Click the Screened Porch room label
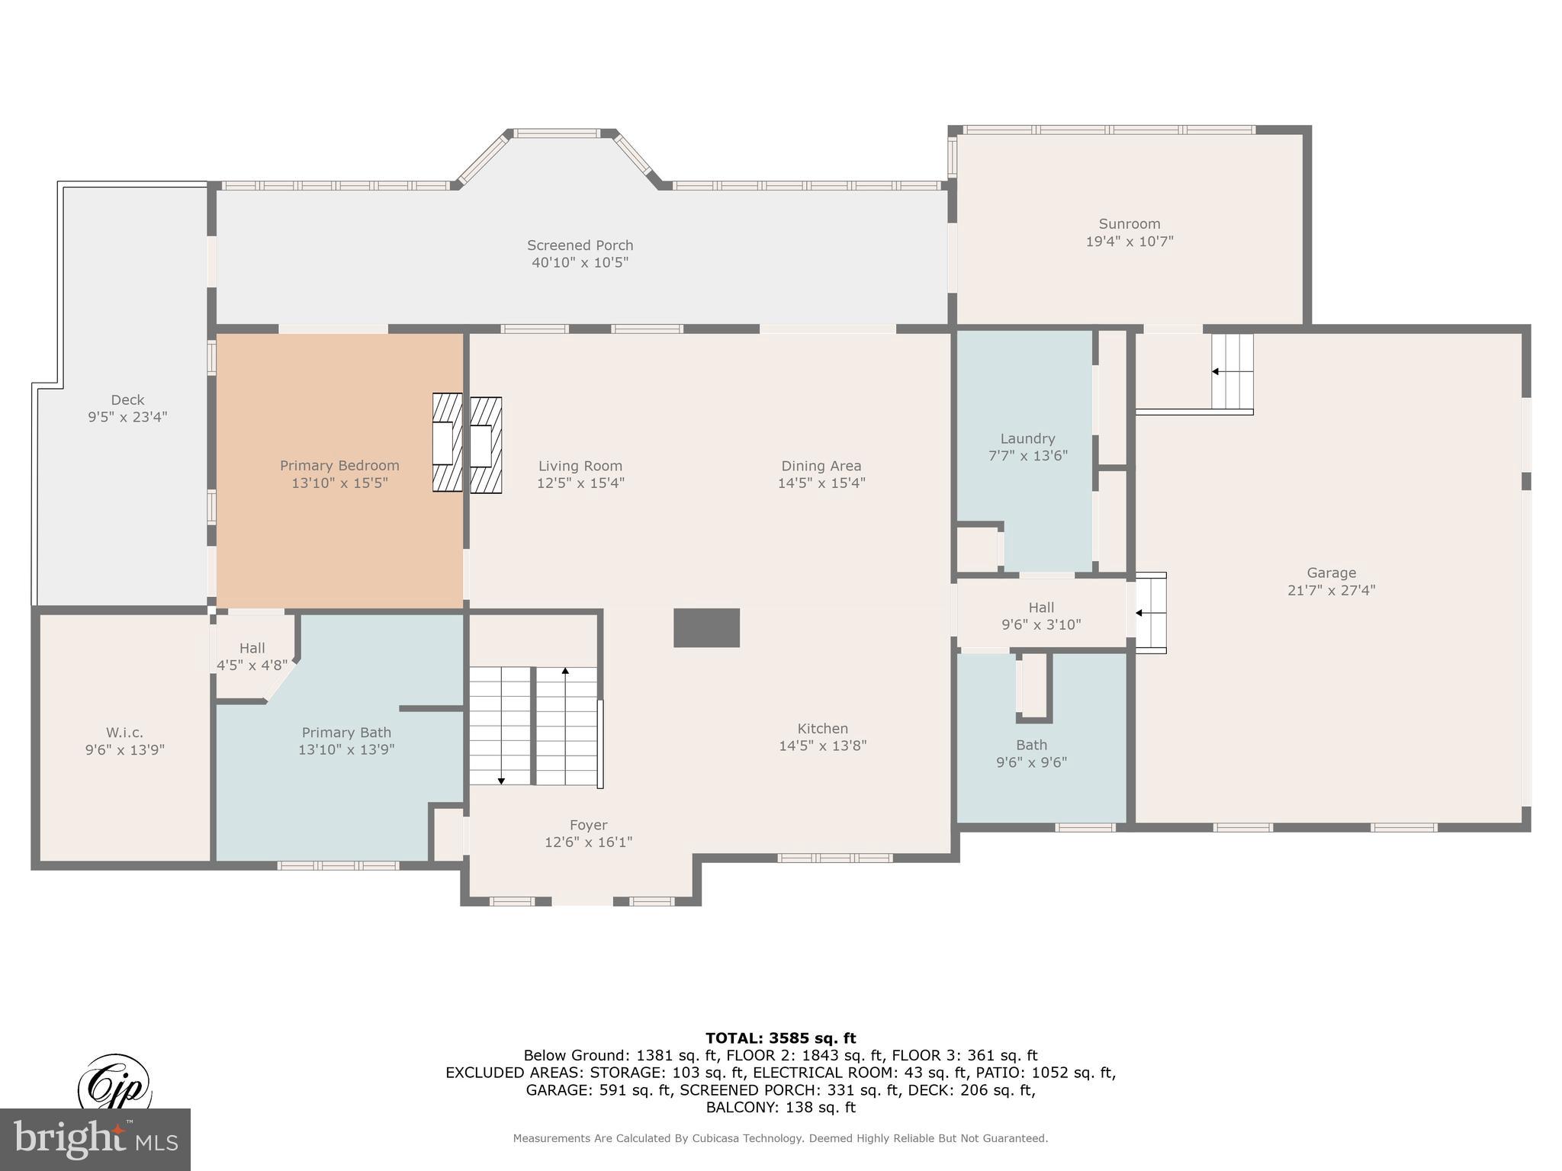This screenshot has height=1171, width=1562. tap(580, 245)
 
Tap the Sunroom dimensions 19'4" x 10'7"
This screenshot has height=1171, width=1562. tap(1129, 242)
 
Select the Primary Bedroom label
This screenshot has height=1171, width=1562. tap(339, 466)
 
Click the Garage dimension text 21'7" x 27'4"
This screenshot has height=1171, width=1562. tap(1331, 590)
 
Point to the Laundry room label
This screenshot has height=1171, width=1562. tap(1027, 438)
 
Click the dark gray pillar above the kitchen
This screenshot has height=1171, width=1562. tap(706, 627)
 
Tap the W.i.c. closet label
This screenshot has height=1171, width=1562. tap(125, 733)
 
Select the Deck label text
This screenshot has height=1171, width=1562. tap(127, 399)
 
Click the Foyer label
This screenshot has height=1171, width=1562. tap(588, 825)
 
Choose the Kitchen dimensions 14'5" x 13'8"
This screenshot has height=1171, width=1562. tap(822, 746)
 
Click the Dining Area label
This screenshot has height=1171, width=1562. tap(821, 466)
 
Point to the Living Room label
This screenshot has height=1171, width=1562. tap(580, 466)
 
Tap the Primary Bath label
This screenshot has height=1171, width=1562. tap(346, 733)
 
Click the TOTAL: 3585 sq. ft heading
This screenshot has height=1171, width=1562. tap(780, 1038)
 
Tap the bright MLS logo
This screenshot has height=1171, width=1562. tap(95, 1140)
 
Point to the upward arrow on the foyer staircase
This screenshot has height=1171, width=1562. tap(565, 672)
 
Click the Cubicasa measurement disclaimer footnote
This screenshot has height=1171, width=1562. tap(780, 1138)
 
